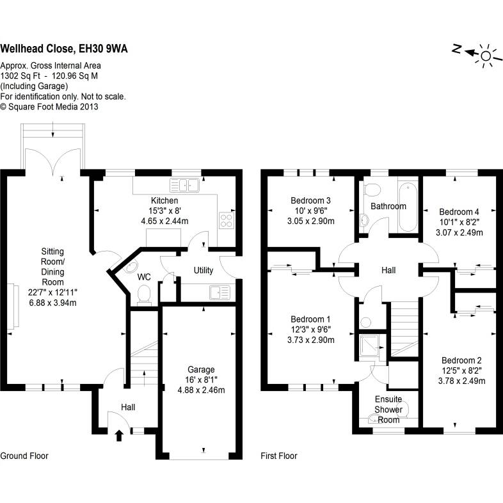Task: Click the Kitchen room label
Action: [164, 201]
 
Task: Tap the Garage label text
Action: [201, 369]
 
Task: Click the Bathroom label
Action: [388, 206]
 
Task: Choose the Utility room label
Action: [204, 271]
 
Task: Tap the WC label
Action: [145, 277]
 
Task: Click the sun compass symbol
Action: [486, 56]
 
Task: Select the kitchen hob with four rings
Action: [227, 220]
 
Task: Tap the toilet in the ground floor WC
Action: [144, 294]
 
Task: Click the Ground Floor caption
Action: [24, 456]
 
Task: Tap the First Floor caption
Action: [279, 456]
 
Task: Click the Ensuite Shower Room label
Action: [388, 410]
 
